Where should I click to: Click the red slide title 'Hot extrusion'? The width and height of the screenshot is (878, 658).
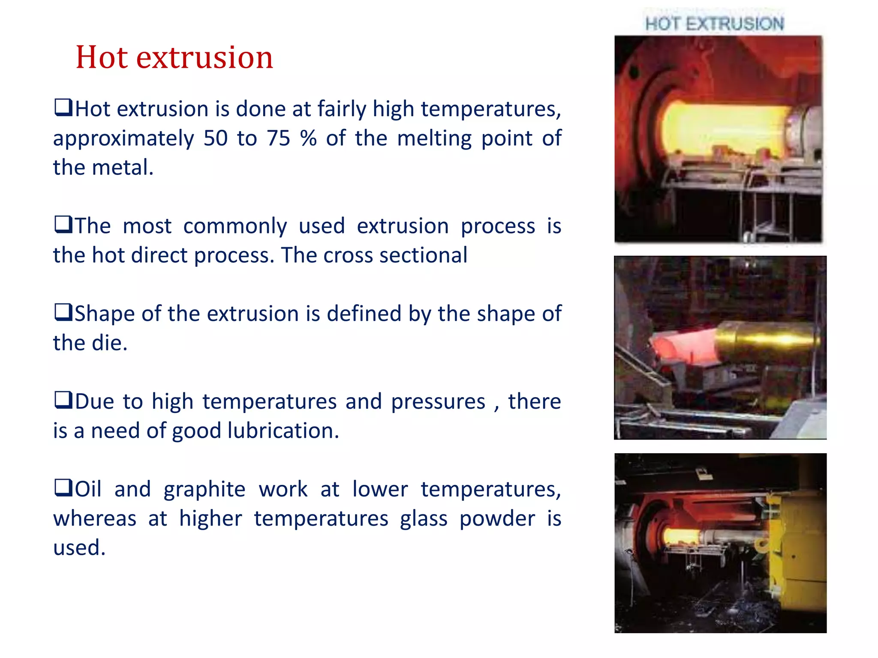[174, 57]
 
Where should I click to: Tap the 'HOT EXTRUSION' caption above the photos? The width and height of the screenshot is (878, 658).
[715, 24]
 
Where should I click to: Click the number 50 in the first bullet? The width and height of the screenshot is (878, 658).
[215, 138]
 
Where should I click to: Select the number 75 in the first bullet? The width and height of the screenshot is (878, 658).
[279, 138]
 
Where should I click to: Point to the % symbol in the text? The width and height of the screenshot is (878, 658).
[308, 138]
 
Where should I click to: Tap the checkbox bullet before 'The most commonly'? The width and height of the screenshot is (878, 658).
[63, 224]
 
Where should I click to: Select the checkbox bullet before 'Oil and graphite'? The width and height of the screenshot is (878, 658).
[63, 487]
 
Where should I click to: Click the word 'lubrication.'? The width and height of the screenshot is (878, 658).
[283, 431]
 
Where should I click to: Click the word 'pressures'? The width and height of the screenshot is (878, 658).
[438, 402]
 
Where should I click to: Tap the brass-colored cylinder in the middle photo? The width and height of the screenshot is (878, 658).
[767, 341]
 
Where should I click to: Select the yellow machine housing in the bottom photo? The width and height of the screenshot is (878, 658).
[797, 557]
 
